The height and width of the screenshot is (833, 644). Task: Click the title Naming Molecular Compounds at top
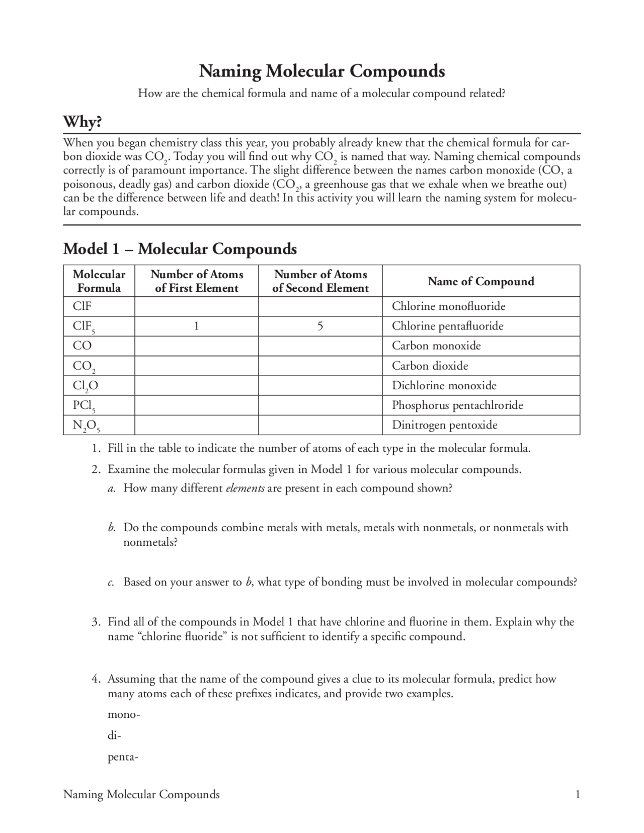[322, 71]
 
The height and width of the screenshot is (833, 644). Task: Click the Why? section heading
[83, 122]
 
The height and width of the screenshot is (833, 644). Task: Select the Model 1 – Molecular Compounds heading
[180, 249]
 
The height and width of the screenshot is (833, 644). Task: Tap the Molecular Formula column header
[99, 281]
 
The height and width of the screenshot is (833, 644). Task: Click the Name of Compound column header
[480, 281]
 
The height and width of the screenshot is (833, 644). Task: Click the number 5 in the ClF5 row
[320, 326]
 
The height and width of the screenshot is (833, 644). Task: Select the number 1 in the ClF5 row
[196, 326]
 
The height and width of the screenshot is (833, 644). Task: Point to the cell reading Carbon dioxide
[430, 366]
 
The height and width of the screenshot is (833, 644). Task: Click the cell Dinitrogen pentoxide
[444, 425]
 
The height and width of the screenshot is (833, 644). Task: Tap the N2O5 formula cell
[86, 426]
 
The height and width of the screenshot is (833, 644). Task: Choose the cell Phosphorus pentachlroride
[457, 405]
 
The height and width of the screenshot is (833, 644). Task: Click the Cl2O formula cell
[86, 386]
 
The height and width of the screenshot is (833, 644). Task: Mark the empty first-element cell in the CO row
[196, 346]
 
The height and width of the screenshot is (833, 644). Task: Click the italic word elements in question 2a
[245, 488]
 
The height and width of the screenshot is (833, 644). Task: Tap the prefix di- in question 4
[114, 736]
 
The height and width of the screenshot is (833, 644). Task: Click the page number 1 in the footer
[578, 794]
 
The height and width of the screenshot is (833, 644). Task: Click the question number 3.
[96, 622]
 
